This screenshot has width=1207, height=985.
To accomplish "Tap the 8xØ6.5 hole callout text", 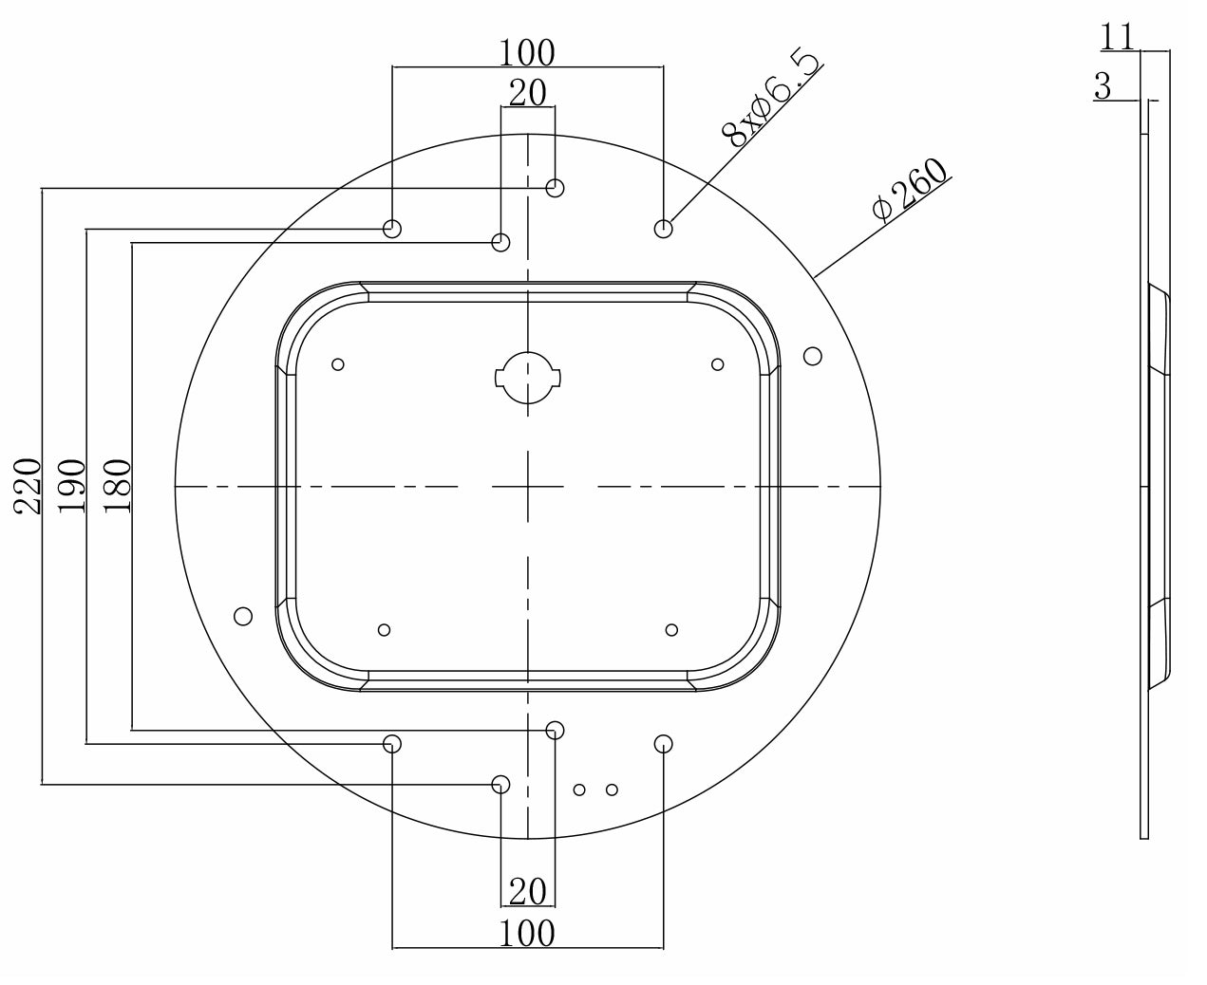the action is [x=770, y=99].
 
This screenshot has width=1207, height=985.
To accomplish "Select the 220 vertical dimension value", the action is [x=28, y=486].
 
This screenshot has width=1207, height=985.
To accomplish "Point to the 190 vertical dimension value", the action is [x=71, y=486].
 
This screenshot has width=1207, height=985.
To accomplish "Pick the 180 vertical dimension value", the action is [x=118, y=486].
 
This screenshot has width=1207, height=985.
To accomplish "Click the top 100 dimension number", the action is [x=527, y=53].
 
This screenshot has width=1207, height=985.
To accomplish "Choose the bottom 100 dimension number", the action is [x=527, y=934].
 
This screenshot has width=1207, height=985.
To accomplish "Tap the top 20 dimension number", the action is [x=528, y=93].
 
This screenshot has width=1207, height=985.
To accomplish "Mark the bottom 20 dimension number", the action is [x=528, y=892].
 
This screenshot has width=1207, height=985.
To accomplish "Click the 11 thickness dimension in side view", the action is [x=1117, y=38].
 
